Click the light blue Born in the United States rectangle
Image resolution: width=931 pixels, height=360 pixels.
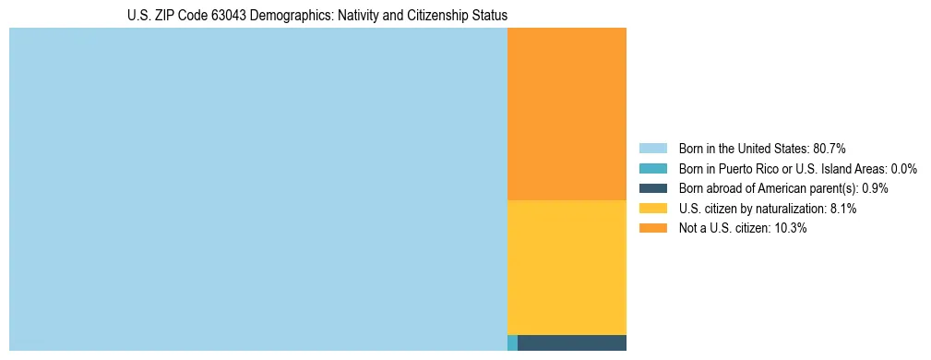click(x=257, y=189)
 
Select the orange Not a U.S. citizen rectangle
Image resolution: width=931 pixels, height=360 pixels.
click(x=567, y=114)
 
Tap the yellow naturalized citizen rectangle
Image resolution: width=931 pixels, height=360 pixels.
click(x=567, y=267)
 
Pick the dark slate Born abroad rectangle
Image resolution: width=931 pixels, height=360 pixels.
click(x=572, y=343)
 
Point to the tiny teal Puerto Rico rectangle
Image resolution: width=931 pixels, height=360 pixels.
click(x=512, y=343)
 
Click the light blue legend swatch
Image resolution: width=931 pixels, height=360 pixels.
click(x=652, y=149)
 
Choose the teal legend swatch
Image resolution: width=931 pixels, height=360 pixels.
click(x=652, y=169)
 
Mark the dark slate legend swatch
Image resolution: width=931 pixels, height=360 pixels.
click(x=652, y=188)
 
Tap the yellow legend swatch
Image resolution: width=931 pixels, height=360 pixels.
click(x=652, y=209)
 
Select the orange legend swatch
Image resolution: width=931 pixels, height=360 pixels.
click(x=652, y=228)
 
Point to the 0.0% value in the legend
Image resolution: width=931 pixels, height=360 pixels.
click(x=904, y=169)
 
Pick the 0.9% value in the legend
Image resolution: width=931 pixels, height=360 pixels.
click(x=876, y=188)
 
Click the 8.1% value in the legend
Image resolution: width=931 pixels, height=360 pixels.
click(x=843, y=209)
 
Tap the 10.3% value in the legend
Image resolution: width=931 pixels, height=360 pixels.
click(x=791, y=228)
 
